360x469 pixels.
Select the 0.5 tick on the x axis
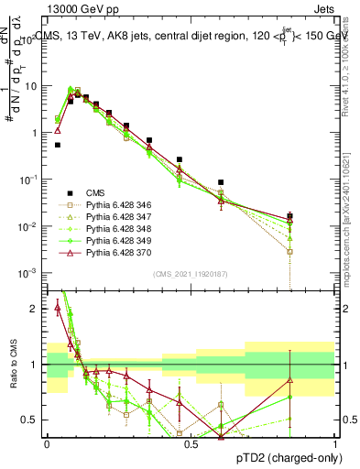point(191,443)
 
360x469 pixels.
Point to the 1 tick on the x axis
point(334,443)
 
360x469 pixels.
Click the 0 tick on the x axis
point(47,443)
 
